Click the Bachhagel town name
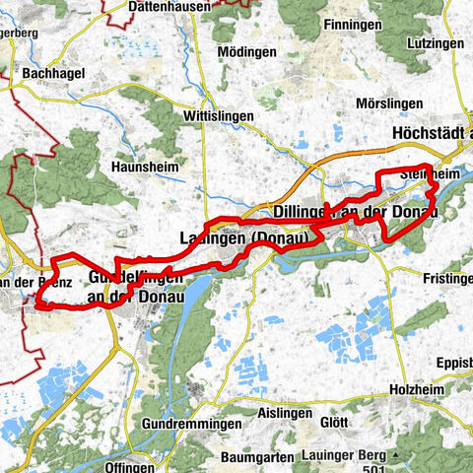point(53,74)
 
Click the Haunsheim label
point(146,168)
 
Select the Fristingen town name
point(446,280)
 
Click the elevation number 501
point(394,456)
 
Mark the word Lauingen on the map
point(214,238)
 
